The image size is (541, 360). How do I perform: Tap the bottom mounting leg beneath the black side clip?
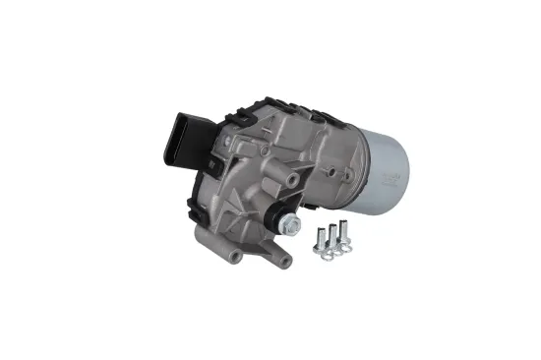(x=231, y=258)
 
